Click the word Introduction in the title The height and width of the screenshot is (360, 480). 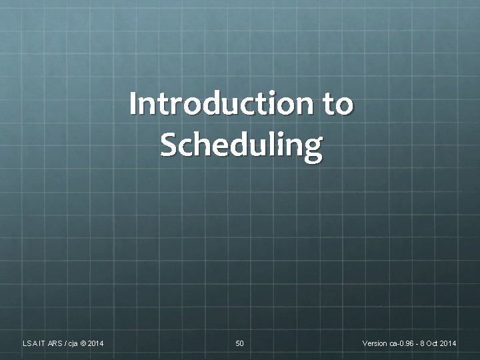[x=216, y=103]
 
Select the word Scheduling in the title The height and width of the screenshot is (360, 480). [x=241, y=145]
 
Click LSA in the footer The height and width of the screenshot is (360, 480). [x=29, y=343]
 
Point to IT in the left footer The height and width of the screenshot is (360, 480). [x=42, y=343]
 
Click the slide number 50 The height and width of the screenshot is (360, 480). [x=240, y=343]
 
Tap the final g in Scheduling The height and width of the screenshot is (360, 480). [x=314, y=147]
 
